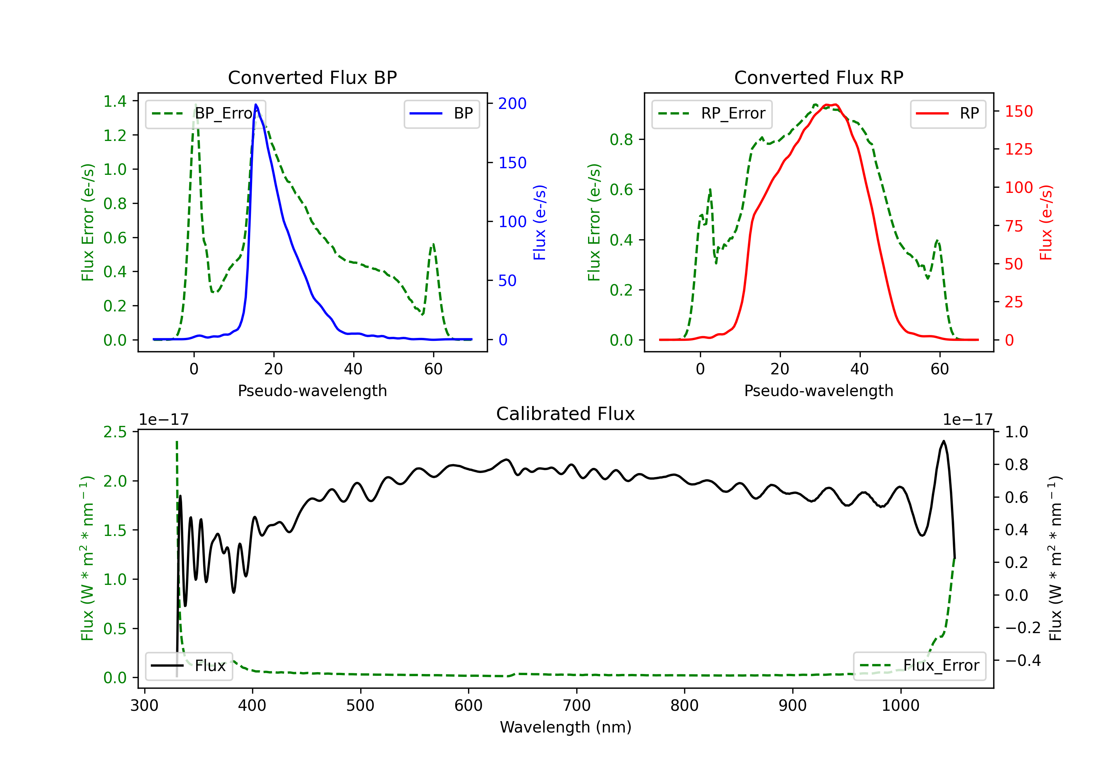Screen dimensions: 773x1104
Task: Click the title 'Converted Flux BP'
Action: click(x=312, y=77)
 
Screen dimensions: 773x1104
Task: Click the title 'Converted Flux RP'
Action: click(x=818, y=77)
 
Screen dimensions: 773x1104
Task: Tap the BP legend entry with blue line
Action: click(x=442, y=113)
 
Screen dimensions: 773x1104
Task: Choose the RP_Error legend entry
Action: click(x=712, y=113)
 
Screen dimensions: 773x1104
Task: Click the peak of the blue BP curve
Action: click(x=256, y=105)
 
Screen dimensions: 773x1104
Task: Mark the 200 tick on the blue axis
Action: click(x=512, y=103)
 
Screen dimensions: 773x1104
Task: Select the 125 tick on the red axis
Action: click(x=1018, y=149)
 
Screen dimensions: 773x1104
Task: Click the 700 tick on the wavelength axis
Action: click(x=577, y=705)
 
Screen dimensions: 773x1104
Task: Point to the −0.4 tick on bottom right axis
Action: click(x=1022, y=660)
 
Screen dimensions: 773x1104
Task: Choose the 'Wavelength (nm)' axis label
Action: click(x=566, y=727)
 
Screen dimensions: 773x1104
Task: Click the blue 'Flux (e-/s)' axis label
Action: click(x=539, y=222)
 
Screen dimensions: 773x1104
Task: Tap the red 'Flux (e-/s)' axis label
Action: click(x=1046, y=222)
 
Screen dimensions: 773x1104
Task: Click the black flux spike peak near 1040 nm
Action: click(x=944, y=441)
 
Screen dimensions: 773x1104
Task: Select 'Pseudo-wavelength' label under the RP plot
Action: click(x=818, y=391)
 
